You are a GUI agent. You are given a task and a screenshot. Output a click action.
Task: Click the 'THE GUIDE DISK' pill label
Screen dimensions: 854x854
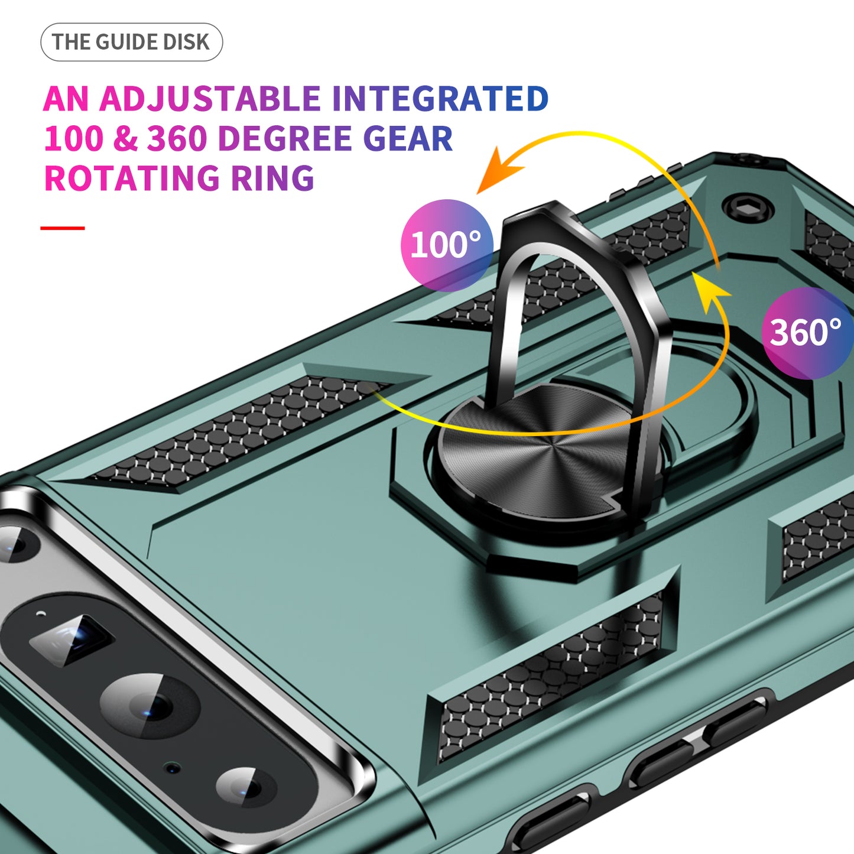coord(131,42)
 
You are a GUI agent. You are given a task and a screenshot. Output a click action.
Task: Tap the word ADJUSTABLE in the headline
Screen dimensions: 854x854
coord(210,99)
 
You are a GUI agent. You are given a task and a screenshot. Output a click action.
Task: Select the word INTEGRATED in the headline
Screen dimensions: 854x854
coord(440,99)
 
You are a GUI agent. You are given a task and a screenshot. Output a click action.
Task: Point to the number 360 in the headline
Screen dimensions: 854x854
coord(177,139)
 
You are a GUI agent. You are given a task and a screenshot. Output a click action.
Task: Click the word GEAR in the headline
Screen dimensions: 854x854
coord(408,139)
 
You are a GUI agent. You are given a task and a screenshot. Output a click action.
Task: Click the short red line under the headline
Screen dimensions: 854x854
coord(63,228)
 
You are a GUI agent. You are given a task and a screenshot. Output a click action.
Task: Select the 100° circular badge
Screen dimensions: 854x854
coord(447,245)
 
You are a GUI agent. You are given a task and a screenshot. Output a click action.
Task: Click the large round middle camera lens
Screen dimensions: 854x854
coord(151,706)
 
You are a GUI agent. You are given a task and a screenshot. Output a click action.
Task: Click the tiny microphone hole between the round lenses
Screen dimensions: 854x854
coord(173,768)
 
